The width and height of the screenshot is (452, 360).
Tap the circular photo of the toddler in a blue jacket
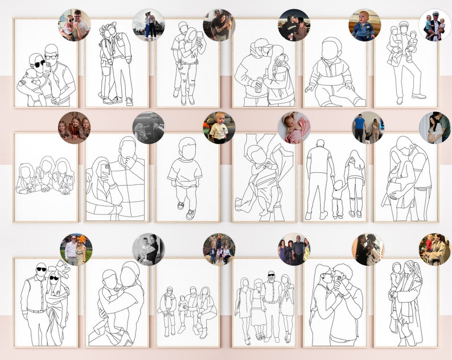[364, 25]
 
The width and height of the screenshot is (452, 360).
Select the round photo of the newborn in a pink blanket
[294, 127]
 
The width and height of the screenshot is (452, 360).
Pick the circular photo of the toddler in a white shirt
[219, 127]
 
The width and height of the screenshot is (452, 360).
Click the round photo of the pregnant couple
[434, 127]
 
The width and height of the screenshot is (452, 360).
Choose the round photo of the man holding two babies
[434, 25]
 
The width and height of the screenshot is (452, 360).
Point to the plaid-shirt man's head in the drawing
[129, 150]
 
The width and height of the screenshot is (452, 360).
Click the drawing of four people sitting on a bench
[187, 310]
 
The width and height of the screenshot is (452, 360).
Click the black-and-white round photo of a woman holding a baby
[148, 249]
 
